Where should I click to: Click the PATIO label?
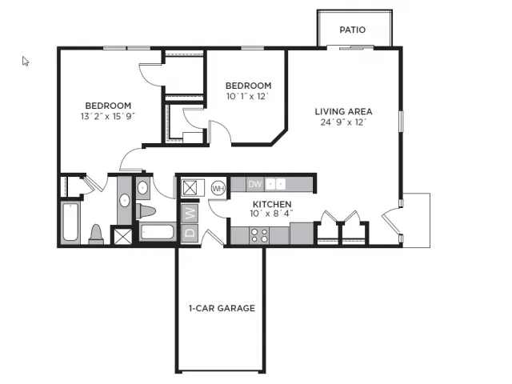352,30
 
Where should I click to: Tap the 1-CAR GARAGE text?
222,308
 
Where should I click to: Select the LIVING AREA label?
343,111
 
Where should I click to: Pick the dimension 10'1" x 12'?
247,97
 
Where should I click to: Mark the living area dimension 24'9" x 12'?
343,122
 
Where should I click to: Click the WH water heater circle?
218,188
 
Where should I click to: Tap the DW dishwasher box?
254,184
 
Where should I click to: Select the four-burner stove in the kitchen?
259,234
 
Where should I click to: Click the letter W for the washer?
190,214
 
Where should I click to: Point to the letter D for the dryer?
190,233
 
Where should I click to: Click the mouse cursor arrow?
25,61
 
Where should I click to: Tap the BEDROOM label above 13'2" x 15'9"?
108,106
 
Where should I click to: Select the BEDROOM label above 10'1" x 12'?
247,86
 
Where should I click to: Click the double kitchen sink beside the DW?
276,184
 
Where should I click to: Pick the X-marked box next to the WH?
191,188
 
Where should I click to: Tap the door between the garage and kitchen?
212,238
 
